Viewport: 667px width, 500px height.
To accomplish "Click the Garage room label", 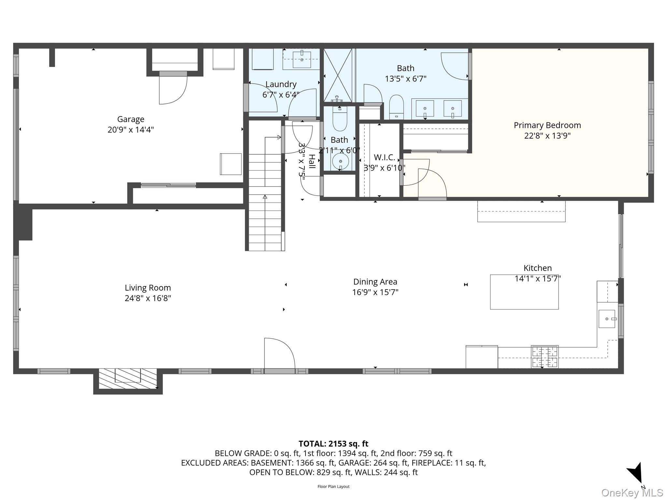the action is [x=131, y=119].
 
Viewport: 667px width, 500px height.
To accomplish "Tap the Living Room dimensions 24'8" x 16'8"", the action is [x=148, y=298].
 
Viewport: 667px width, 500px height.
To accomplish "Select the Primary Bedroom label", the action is [x=547, y=125].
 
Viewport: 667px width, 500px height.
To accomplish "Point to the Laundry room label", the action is [x=281, y=84].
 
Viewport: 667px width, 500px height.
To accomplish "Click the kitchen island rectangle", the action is [x=524, y=292].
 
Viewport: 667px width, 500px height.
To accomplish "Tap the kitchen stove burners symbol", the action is [x=545, y=357].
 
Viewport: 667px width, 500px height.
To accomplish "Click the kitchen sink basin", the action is [x=607, y=319].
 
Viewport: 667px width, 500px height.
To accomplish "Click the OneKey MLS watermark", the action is [x=632, y=493].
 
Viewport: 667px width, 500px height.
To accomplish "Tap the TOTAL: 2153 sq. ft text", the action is [x=333, y=444].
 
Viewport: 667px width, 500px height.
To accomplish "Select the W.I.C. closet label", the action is [x=384, y=158].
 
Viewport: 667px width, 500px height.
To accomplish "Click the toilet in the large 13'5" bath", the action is [x=396, y=107].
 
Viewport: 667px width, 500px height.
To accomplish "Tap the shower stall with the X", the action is [x=338, y=75].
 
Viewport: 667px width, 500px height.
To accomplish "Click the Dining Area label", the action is [x=375, y=282].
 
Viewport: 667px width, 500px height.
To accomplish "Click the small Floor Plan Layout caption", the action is [x=333, y=487].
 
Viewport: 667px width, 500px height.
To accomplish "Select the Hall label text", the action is [x=312, y=161].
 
